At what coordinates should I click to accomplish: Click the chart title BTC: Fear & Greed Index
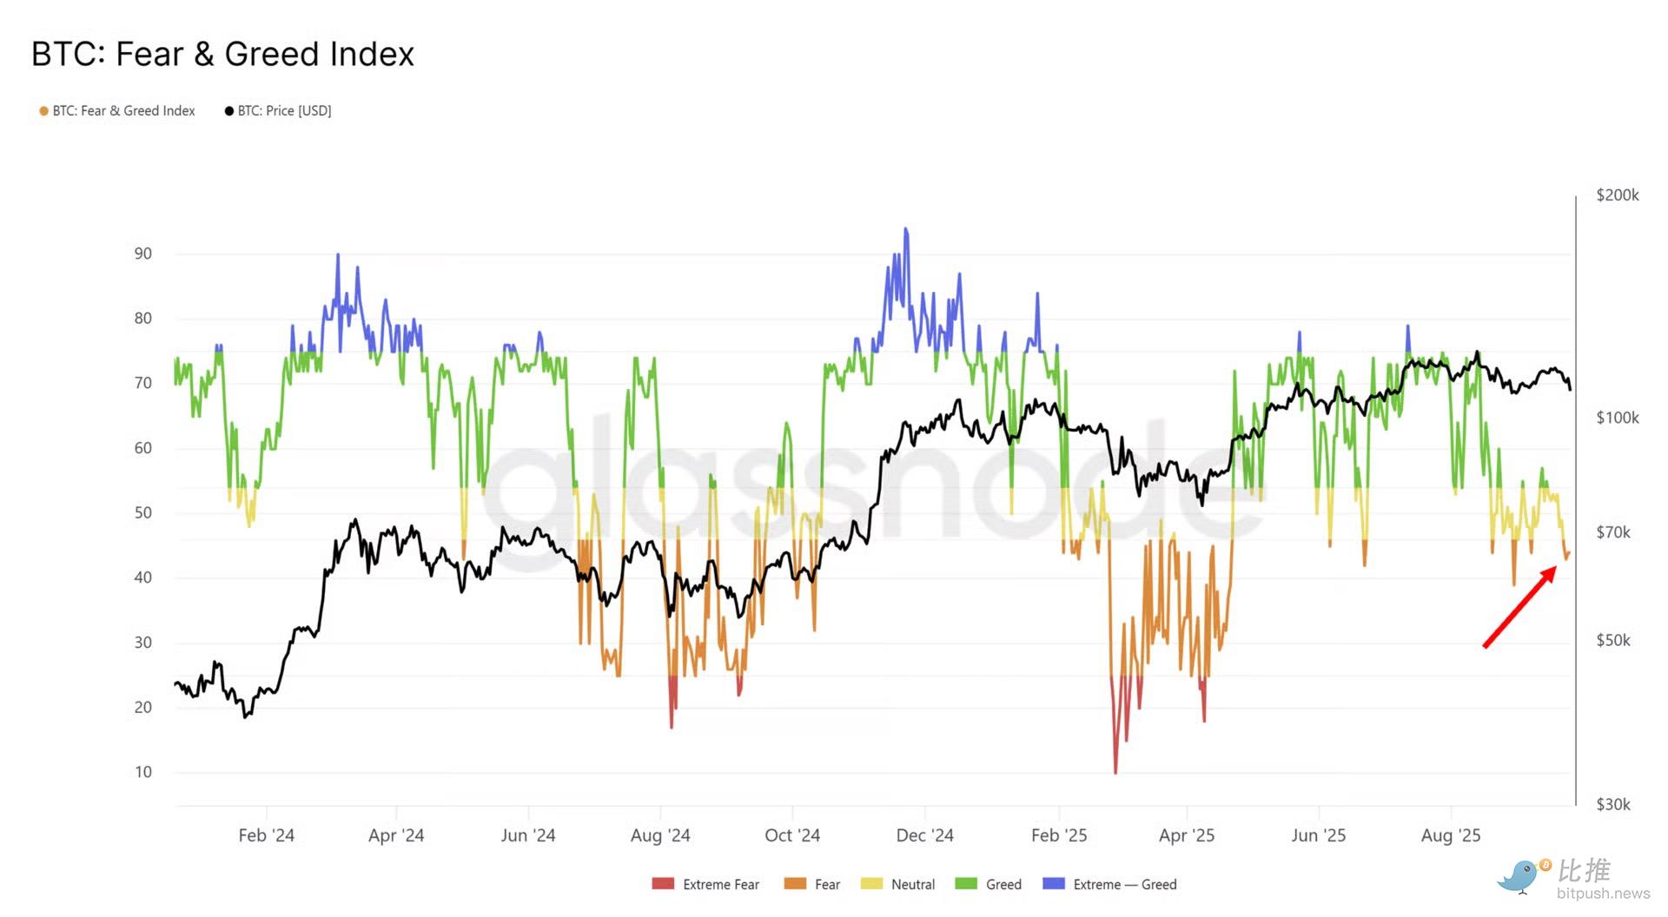[x=222, y=54]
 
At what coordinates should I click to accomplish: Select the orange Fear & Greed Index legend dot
[x=43, y=111]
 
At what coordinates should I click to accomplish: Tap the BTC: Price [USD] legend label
[x=284, y=111]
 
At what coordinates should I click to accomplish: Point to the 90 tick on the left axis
[x=142, y=254]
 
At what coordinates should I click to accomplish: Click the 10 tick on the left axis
[x=142, y=772]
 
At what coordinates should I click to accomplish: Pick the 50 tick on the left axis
[x=142, y=512]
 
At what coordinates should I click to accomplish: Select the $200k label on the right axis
[x=1617, y=195]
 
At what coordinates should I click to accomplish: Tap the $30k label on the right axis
[x=1613, y=804]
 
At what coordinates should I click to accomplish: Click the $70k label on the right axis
[x=1613, y=532]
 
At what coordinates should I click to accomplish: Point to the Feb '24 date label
[x=266, y=835]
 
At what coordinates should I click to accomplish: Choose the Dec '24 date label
[x=924, y=835]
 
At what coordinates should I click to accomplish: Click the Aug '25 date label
[x=1450, y=835]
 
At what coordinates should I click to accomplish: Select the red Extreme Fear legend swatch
[x=663, y=884]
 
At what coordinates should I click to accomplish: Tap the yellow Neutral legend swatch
[x=871, y=884]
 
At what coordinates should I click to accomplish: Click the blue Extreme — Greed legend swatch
[x=1053, y=884]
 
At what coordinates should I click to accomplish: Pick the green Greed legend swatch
[x=966, y=884]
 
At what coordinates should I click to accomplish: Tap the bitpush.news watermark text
[x=1603, y=894]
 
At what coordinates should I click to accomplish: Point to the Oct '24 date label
[x=791, y=835]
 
